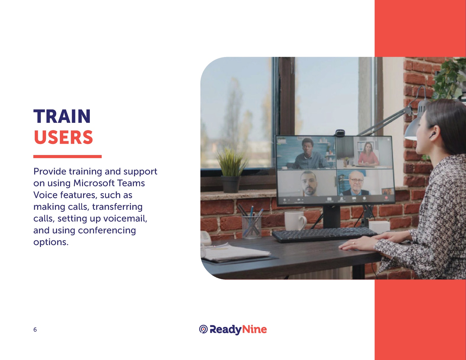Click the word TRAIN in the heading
(62, 116)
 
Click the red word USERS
(63, 137)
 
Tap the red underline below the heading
(67, 156)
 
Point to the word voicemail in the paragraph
(125, 219)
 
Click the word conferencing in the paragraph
(107, 230)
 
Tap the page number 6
(35, 330)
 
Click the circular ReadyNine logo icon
(203, 329)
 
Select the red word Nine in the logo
(254, 329)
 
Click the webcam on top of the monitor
(340, 133)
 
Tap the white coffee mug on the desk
(295, 221)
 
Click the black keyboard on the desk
(324, 235)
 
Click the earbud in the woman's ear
(432, 135)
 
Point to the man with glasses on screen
(356, 184)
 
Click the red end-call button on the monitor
(386, 198)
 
